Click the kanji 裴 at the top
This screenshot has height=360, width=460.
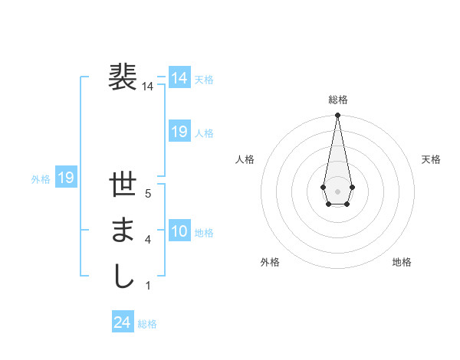pos(123,77)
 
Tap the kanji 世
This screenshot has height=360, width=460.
pos(123,186)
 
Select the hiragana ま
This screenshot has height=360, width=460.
pos(123,231)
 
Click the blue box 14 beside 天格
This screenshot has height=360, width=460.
pos(179,78)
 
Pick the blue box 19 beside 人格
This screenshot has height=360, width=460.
pos(179,132)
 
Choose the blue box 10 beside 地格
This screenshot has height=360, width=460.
pos(179,231)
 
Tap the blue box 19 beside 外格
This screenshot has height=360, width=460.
pos(65,178)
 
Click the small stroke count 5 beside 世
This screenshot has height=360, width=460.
pos(148,195)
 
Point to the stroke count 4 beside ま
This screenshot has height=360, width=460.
pos(148,241)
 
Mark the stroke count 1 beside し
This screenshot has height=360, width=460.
pos(148,286)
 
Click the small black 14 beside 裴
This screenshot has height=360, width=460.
pos(148,87)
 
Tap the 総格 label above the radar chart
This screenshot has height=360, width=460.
pos(338,100)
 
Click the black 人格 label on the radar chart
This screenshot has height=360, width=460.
pos(245,159)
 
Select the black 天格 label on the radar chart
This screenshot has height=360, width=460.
pos(431,159)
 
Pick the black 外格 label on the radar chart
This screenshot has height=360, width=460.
pos(270,262)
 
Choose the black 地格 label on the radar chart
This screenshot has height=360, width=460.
pos(402,262)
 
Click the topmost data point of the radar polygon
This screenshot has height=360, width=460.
pos(337,115)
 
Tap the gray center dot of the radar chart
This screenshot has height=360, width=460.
pos(337,190)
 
